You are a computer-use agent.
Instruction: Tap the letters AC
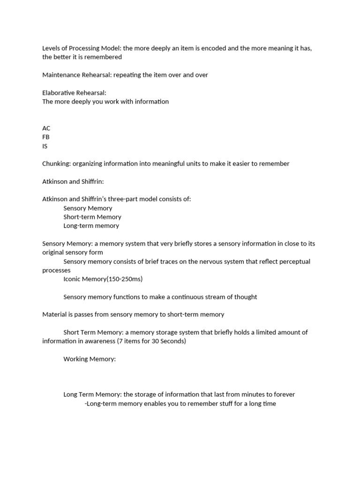[46, 128]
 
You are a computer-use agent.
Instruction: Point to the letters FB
[46, 137]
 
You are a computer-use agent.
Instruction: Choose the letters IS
[45, 146]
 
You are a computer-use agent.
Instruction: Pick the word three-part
[125, 199]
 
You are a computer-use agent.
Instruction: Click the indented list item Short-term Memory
[92, 217]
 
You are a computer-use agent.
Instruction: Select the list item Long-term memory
[91, 226]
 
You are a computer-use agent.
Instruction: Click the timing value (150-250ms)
[124, 279]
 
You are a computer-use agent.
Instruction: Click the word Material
[55, 315]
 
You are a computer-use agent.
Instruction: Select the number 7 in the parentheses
[123, 341]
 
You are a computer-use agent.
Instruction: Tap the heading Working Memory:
[90, 359]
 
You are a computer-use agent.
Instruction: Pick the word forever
[283, 395]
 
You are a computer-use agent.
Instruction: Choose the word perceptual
[292, 262]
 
